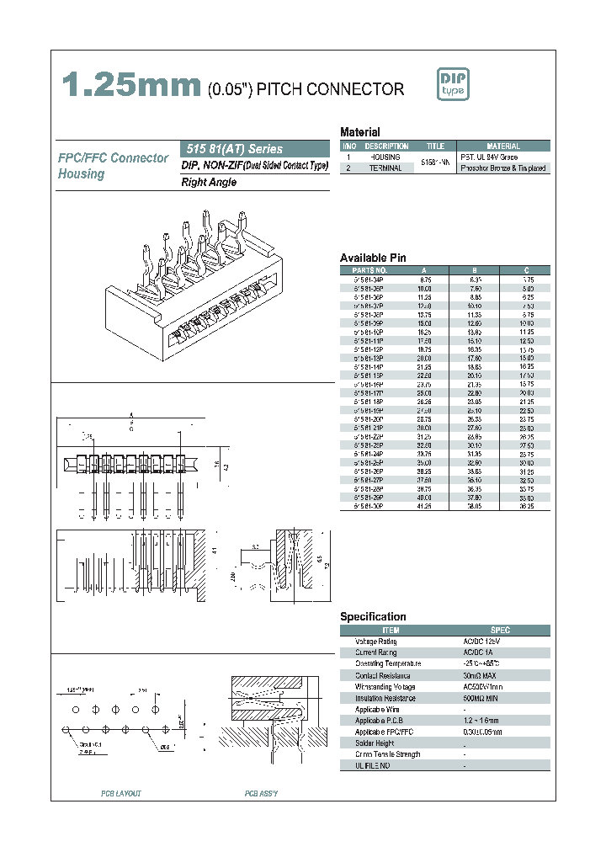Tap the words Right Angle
(210, 182)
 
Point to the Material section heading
(359, 132)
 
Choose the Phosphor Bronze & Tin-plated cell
(503, 168)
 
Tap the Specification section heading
(373, 617)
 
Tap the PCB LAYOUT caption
(121, 794)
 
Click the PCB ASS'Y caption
(261, 794)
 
